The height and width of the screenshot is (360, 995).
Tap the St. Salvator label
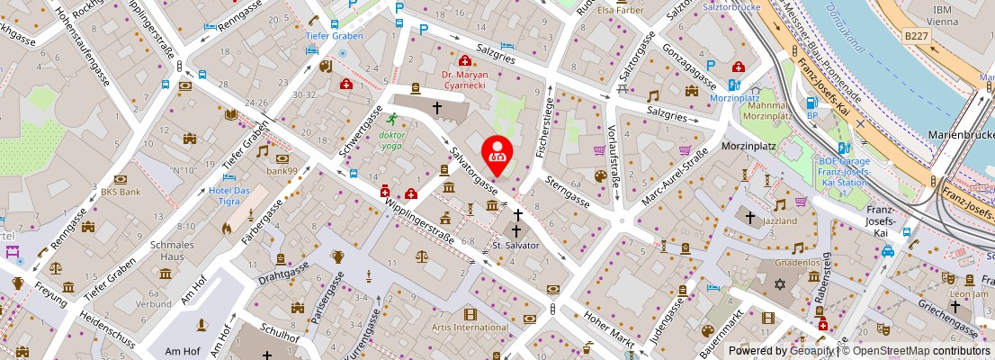515,245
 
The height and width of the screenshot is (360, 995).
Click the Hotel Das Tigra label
229,195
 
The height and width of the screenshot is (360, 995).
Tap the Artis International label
471,328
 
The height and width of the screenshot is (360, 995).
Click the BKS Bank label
120,192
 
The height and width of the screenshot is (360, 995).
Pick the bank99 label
282,170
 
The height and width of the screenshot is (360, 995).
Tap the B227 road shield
917,36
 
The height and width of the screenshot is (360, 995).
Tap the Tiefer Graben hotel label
334,36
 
